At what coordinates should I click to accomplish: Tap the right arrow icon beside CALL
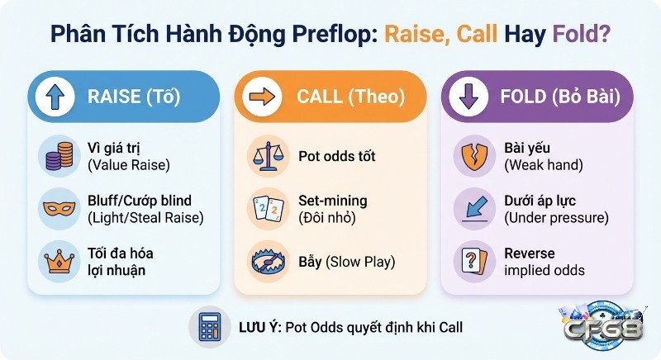coord(262,97)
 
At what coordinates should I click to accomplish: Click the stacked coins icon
coord(57,155)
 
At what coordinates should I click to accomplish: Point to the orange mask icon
coord(57,208)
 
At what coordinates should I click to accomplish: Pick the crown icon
coord(57,261)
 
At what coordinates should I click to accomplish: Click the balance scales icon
coord(264,155)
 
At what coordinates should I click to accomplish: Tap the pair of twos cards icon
coord(264,208)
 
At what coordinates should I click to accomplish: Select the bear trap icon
coord(264,261)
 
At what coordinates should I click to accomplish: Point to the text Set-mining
coord(332,200)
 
